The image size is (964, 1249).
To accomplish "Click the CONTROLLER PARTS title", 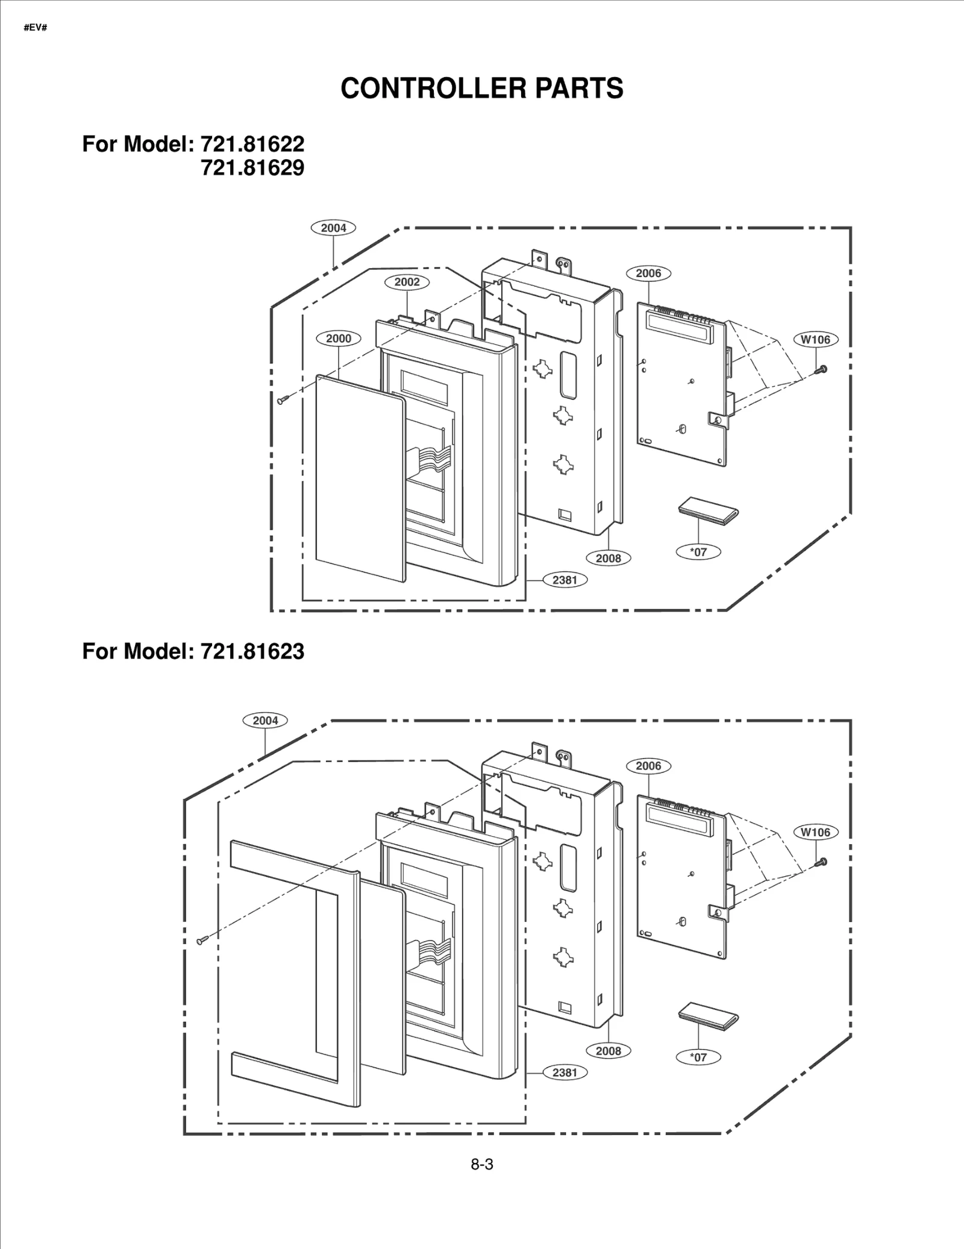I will click(481, 89).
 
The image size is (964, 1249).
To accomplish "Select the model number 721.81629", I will click(252, 168).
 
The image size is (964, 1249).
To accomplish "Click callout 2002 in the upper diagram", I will click(407, 282).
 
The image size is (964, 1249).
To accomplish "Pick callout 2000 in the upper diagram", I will click(339, 339).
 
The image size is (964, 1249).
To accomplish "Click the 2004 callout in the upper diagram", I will click(333, 228).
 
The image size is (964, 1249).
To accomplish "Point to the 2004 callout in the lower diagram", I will click(265, 720).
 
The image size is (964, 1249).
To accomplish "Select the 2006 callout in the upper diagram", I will click(648, 273).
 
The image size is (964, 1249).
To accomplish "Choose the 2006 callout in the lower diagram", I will click(648, 766).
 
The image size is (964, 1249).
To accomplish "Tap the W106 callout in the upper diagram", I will click(815, 339).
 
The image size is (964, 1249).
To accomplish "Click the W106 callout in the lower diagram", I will click(815, 832).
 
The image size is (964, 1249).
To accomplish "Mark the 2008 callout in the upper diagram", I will click(608, 558).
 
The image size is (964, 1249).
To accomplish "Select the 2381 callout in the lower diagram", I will click(565, 1072).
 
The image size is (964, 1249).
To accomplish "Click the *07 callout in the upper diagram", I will click(698, 551).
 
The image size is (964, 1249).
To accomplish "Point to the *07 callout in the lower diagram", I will click(698, 1057).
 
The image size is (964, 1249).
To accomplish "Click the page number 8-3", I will click(482, 1165).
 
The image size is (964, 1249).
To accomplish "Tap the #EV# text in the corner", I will click(35, 28).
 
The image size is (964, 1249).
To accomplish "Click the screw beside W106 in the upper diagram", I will click(821, 370).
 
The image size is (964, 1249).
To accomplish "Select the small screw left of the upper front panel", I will click(283, 399).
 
